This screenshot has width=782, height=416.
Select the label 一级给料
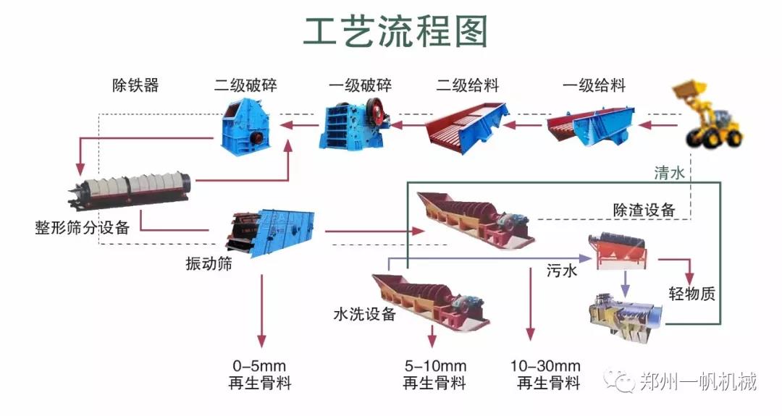(594, 86)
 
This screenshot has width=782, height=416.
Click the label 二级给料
(467, 86)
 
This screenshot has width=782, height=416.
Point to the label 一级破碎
(360, 86)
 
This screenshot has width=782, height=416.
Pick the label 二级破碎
(245, 86)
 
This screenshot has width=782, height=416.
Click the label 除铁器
(135, 85)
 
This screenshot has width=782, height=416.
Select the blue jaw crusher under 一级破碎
(356, 126)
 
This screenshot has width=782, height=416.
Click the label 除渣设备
(644, 210)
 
